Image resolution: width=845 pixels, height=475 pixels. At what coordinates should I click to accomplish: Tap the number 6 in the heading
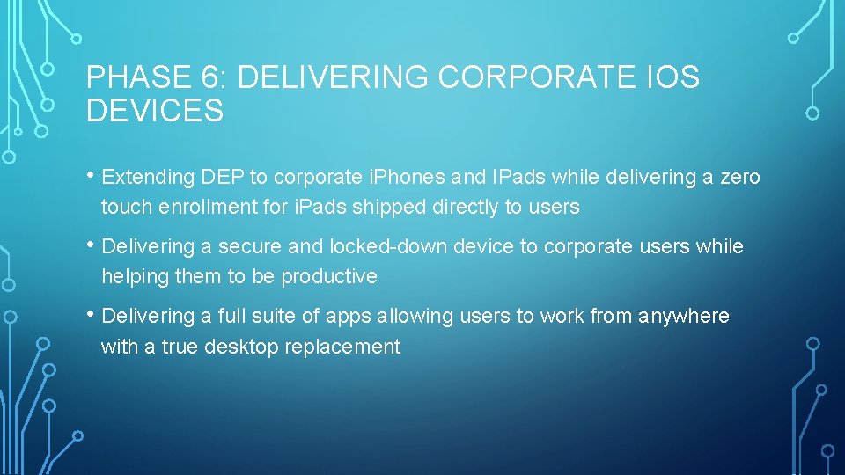212,78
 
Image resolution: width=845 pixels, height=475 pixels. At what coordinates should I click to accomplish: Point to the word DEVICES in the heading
155,112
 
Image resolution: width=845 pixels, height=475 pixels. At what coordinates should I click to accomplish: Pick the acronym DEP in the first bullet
224,178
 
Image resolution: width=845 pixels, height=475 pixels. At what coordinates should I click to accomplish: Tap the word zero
740,178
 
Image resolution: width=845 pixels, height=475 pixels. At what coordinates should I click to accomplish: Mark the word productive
328,277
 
